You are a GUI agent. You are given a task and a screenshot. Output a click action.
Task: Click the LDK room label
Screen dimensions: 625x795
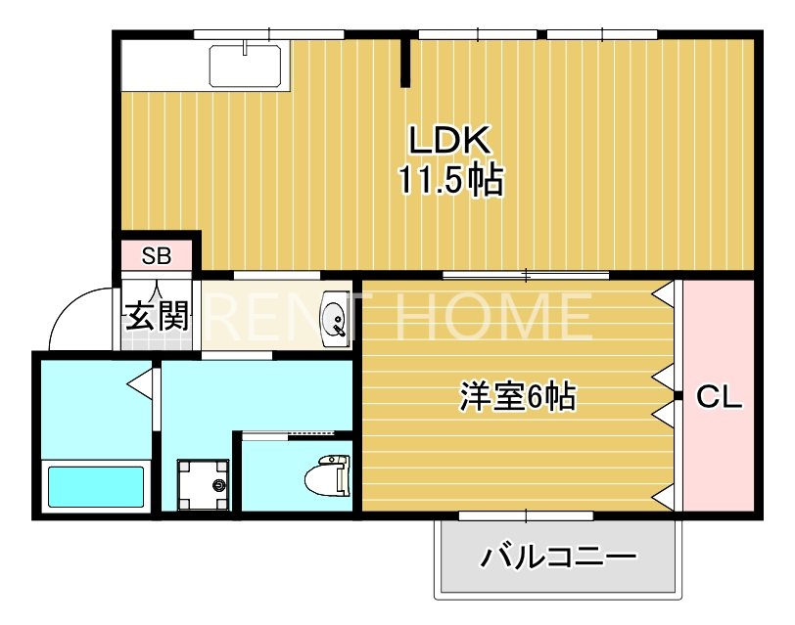[x=448, y=141]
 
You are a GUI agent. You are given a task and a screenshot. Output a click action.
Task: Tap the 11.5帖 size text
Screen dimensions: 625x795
[x=449, y=180]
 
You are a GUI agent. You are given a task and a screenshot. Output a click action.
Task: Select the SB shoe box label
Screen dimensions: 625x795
[x=157, y=256]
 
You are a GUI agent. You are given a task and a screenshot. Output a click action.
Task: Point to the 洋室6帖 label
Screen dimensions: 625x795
[x=517, y=397]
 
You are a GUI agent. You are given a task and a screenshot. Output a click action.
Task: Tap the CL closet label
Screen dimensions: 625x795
[x=719, y=398]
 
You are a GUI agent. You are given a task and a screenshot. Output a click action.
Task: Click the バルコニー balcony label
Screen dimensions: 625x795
[x=558, y=558]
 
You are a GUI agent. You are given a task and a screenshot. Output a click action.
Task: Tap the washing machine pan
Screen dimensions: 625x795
[x=203, y=484]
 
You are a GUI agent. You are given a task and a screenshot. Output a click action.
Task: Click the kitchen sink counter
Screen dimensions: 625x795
[x=246, y=67]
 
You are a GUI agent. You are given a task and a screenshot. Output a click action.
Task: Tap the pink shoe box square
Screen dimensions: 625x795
[x=157, y=256]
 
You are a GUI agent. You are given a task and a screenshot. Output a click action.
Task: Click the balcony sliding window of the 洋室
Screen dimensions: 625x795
[x=527, y=514]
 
